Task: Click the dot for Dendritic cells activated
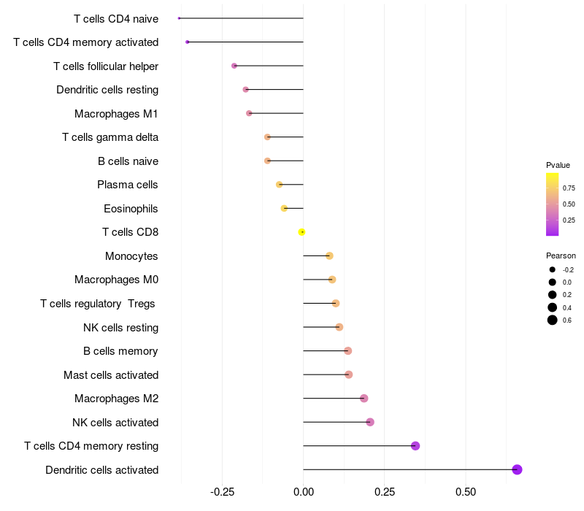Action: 517,469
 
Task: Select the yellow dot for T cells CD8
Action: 301,232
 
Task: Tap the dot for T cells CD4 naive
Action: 179,18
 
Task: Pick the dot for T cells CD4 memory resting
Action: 415,446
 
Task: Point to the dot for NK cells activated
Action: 370,422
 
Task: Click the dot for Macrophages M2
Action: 364,399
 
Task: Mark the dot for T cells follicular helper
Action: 234,66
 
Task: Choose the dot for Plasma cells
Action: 279,185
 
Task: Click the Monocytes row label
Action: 131,256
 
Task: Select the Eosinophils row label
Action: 131,209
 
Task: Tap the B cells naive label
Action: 128,161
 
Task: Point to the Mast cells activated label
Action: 111,375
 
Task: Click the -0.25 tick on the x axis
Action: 222,492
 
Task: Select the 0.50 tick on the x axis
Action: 466,492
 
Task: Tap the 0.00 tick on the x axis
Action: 303,492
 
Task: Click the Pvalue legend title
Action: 558,165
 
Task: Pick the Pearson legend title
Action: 561,255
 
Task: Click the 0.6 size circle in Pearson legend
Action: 553,320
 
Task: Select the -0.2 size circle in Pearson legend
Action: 553,269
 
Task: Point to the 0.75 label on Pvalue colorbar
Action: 569,188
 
